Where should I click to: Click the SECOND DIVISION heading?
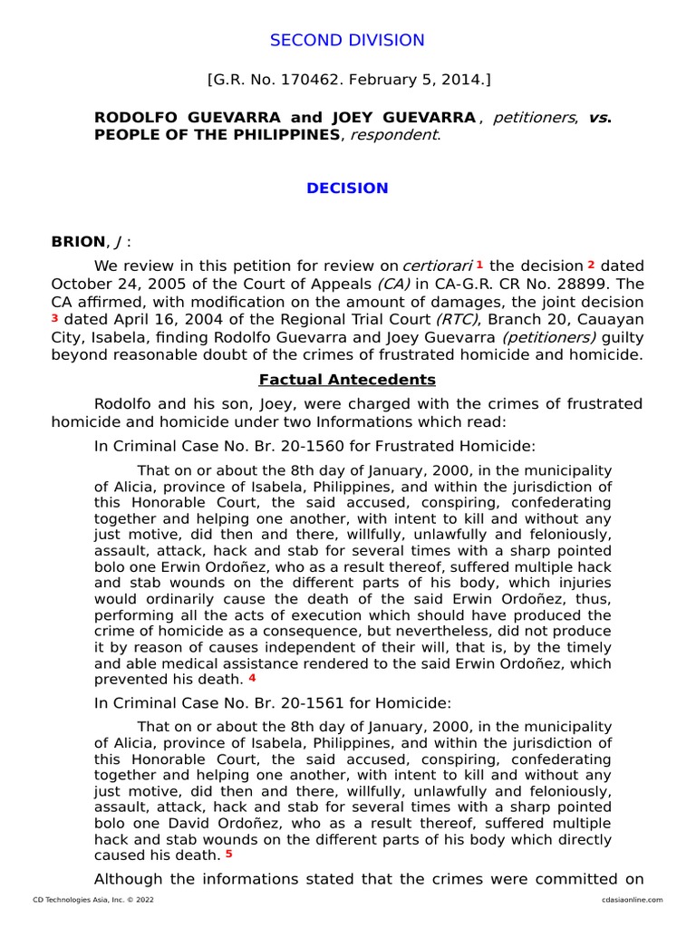coord(347,40)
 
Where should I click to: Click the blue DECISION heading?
coord(347,188)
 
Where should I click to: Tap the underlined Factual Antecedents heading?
coord(347,380)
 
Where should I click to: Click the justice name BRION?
coord(77,241)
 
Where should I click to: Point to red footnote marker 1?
coord(479,265)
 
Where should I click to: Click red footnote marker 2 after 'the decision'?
coord(591,265)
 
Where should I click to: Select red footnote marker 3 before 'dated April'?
coord(55,319)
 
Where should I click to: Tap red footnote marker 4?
coord(253,678)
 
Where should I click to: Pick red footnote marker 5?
coord(229,854)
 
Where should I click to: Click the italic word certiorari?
coord(438,266)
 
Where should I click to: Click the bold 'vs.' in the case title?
coord(600,118)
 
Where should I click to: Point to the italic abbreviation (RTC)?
coord(458,319)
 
